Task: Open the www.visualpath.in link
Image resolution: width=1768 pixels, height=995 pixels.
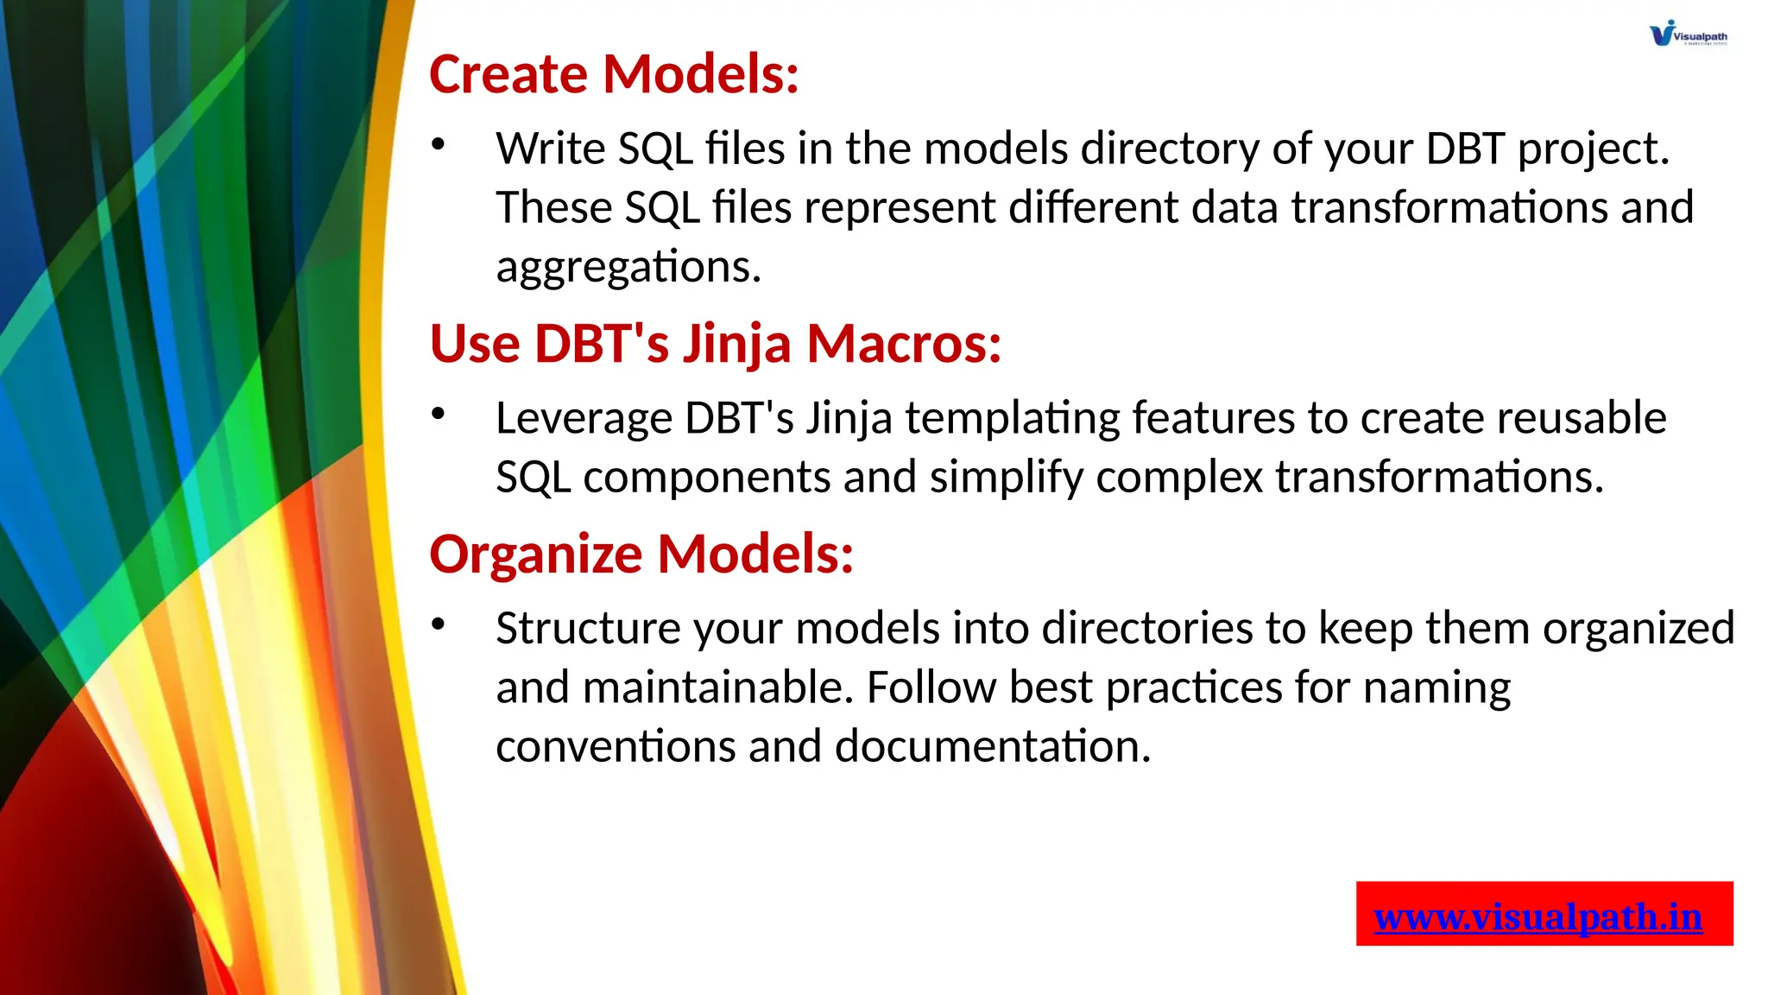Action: tap(1538, 916)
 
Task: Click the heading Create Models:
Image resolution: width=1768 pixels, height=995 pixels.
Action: tap(614, 74)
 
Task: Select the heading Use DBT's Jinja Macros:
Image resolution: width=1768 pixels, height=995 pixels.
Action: tap(715, 344)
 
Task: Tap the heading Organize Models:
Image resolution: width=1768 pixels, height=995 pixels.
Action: tap(641, 554)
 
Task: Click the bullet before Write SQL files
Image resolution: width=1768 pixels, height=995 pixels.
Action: tap(439, 144)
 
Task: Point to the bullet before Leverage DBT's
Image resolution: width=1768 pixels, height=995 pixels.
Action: tap(439, 414)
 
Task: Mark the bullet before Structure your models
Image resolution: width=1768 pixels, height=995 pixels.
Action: tap(439, 624)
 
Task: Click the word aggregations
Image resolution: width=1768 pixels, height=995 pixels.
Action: tap(628, 268)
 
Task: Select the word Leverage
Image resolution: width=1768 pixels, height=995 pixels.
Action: tap(583, 419)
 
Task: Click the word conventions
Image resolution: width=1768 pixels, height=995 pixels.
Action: tap(615, 747)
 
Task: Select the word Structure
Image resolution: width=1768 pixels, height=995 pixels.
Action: tap(588, 629)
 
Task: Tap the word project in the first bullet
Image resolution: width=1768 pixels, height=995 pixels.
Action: tap(1593, 149)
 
